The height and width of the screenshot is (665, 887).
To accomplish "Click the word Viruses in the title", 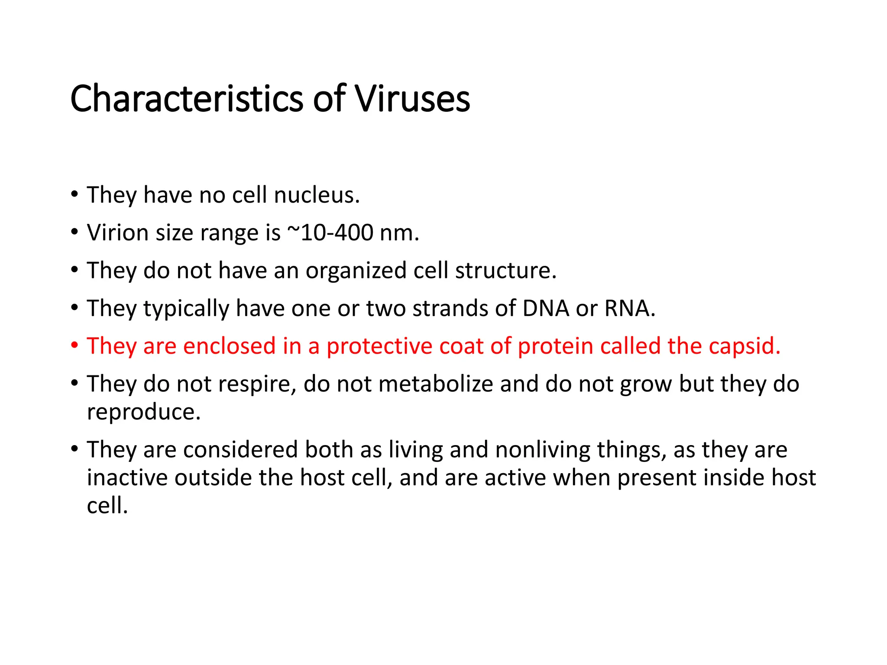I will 412,100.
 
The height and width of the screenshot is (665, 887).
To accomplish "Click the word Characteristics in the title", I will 187,100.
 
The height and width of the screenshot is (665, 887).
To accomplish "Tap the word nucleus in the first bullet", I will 317,195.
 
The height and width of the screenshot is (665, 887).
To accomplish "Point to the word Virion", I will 117,232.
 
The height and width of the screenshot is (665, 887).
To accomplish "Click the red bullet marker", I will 74,346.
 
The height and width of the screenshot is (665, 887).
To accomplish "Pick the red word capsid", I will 745,346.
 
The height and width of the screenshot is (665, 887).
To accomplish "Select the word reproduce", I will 144,412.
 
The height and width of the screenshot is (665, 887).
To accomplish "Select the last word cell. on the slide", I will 107,506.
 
